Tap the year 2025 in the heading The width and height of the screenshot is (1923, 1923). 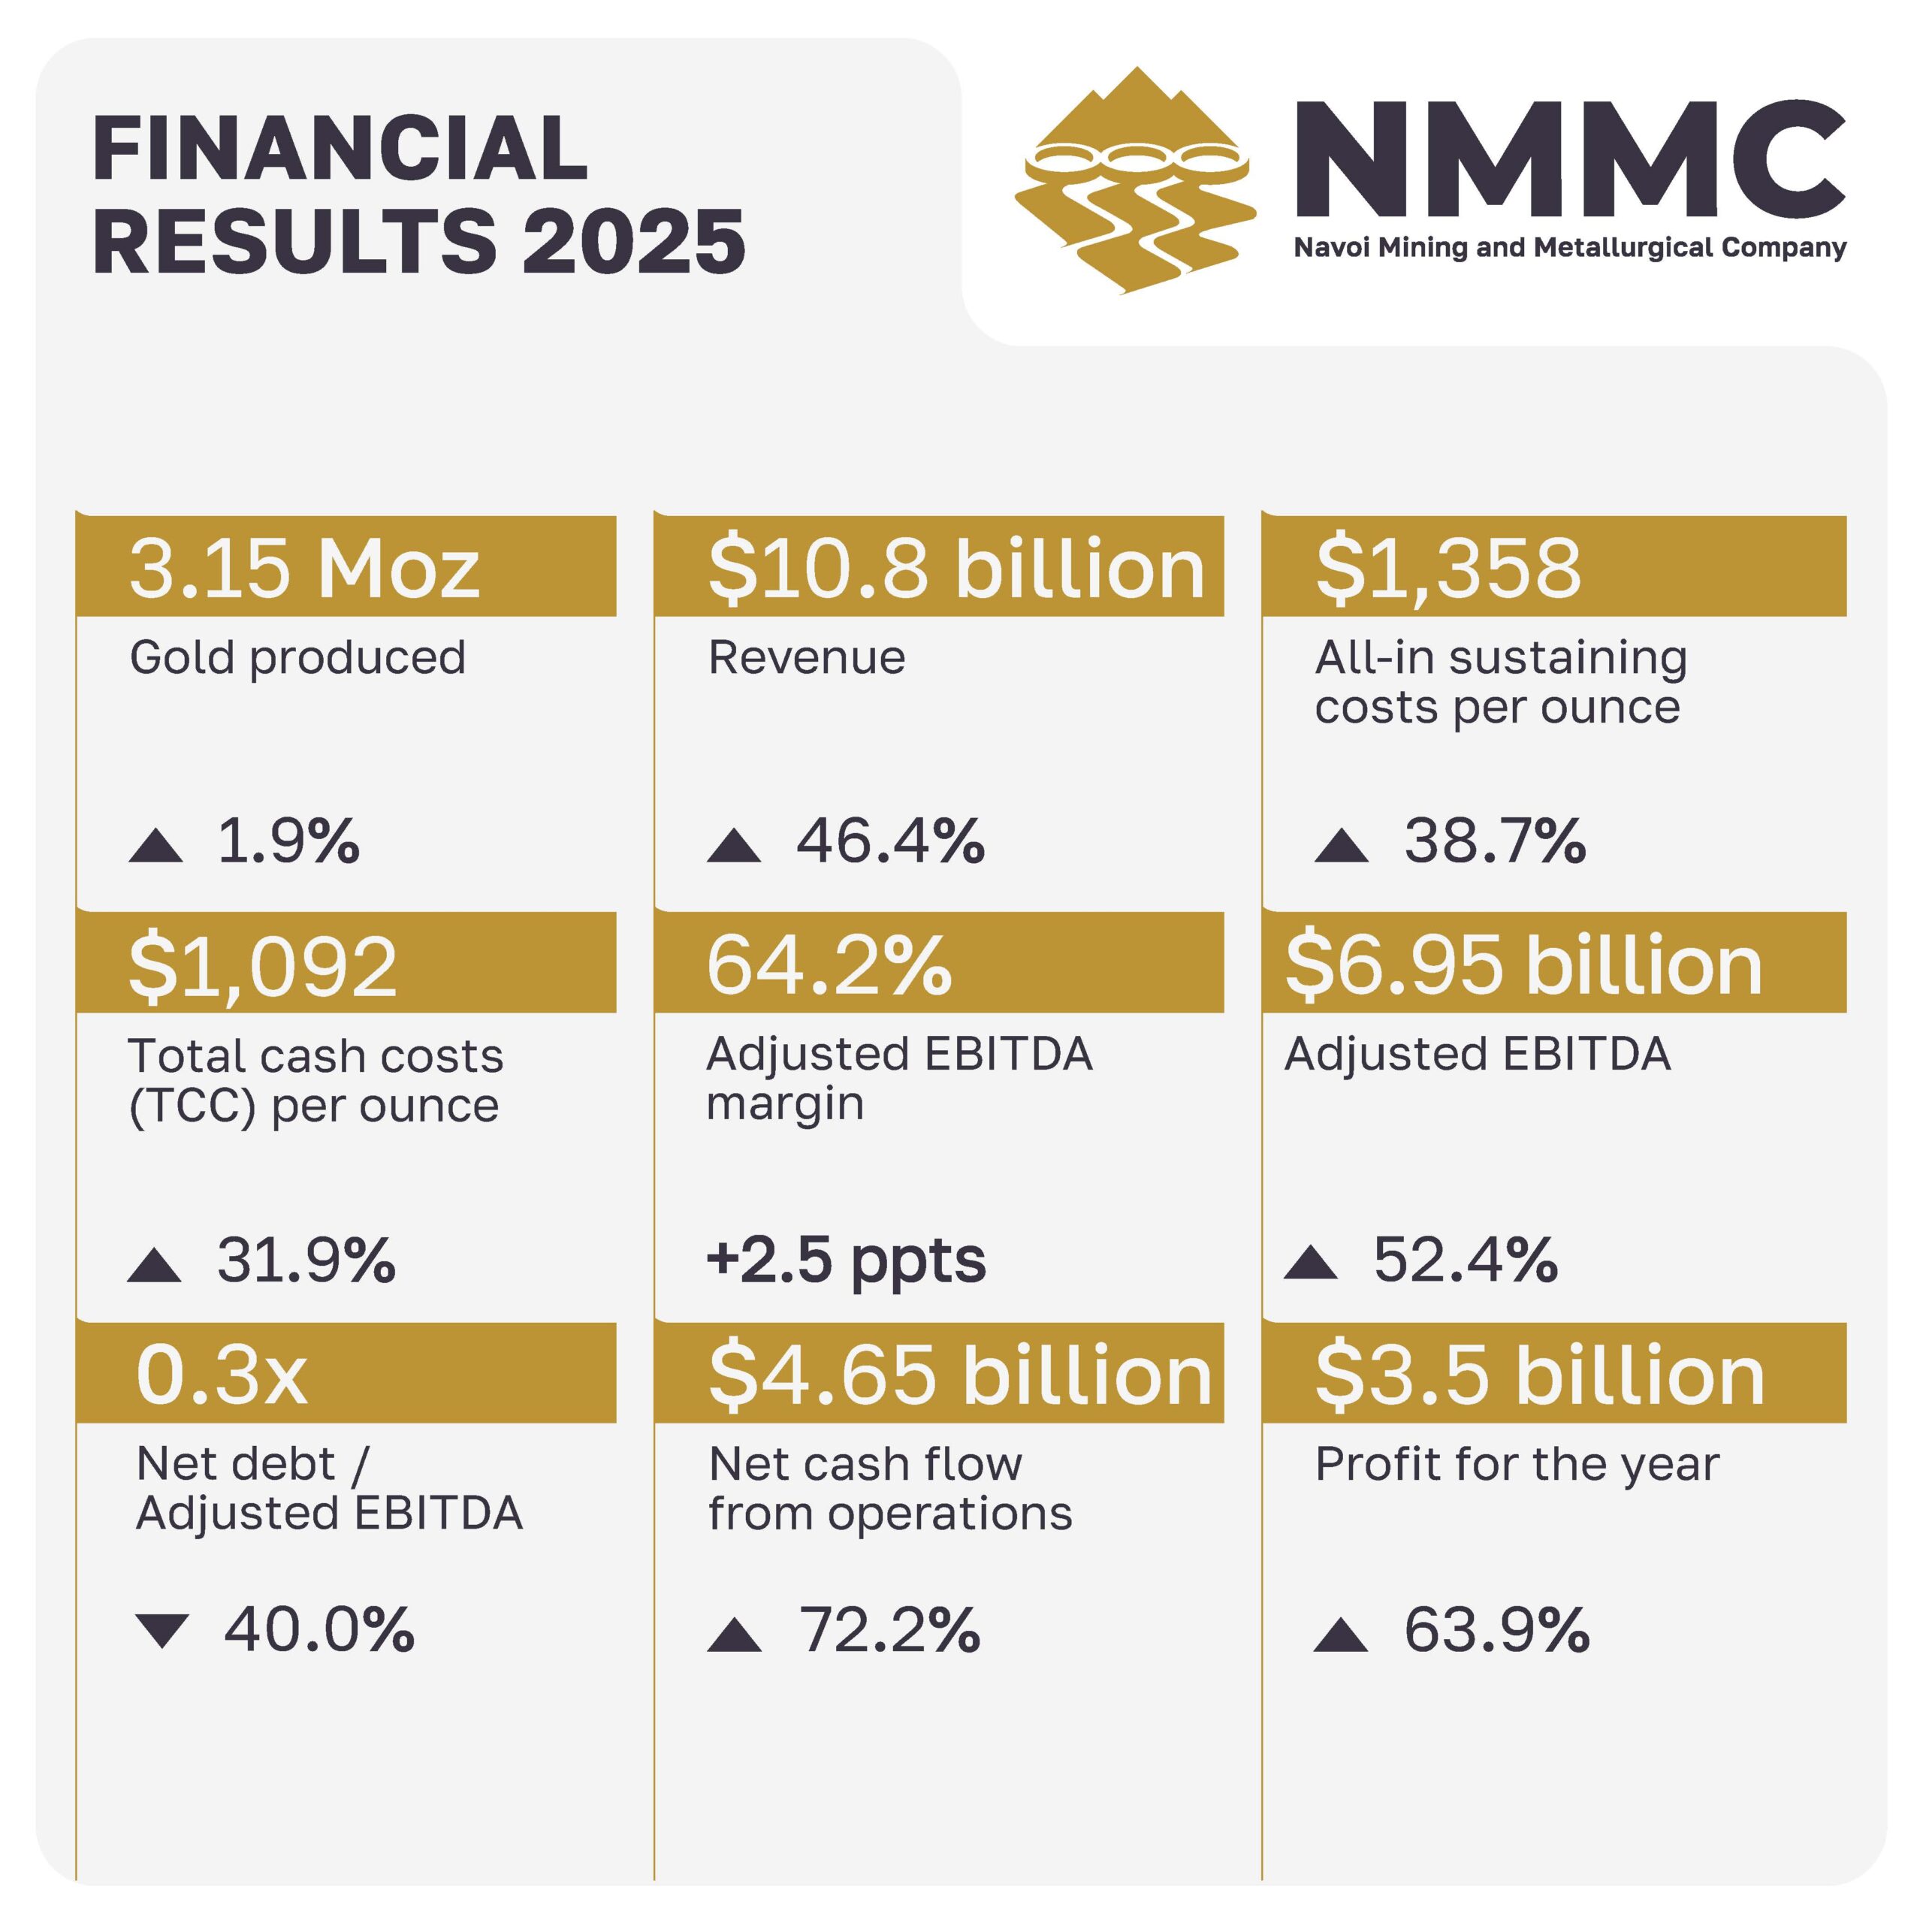[634, 242]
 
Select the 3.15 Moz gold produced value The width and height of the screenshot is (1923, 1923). [304, 569]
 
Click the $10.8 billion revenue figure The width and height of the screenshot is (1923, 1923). [955, 569]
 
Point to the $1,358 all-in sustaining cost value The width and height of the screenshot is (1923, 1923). [1448, 569]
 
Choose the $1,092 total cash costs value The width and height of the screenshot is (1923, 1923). [263, 965]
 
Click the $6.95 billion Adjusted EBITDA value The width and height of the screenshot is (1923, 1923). [1523, 965]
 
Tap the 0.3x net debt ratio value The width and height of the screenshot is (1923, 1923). [221, 1375]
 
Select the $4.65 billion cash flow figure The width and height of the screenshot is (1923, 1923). [959, 1375]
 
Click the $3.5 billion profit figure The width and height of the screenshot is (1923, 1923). [1539, 1375]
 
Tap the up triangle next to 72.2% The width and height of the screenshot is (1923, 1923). [735, 1635]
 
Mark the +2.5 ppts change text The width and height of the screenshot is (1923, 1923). [846, 1260]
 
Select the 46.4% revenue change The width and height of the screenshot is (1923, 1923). [890, 841]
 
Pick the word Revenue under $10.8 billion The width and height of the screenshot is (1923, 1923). [806, 658]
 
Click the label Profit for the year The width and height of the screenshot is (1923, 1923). [1517, 1464]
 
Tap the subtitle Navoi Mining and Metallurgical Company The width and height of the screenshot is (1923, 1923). [1570, 247]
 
